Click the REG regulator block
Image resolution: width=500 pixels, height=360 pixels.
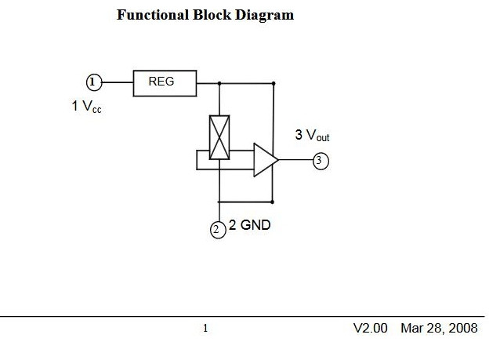tap(165, 82)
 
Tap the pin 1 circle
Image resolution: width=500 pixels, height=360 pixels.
tap(94, 82)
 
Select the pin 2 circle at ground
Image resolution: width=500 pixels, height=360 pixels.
tap(218, 229)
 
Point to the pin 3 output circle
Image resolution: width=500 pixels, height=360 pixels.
tap(321, 161)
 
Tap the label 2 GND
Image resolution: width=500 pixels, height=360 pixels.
tap(250, 226)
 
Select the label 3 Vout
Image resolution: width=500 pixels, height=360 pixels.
tap(312, 135)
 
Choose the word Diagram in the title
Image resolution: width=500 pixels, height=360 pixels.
tap(265, 15)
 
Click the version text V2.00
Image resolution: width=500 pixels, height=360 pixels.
tap(370, 328)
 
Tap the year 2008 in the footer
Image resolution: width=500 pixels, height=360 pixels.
tap(462, 328)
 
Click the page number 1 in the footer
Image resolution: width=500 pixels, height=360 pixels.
tap(205, 329)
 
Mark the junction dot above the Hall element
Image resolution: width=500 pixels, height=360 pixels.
tap(219, 82)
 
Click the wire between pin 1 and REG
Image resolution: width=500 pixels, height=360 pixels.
tap(118, 82)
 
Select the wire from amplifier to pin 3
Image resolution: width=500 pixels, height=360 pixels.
tap(295, 161)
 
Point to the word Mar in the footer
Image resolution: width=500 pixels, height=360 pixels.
tap(412, 328)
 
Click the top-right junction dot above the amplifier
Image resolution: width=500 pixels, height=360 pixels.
tap(274, 82)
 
